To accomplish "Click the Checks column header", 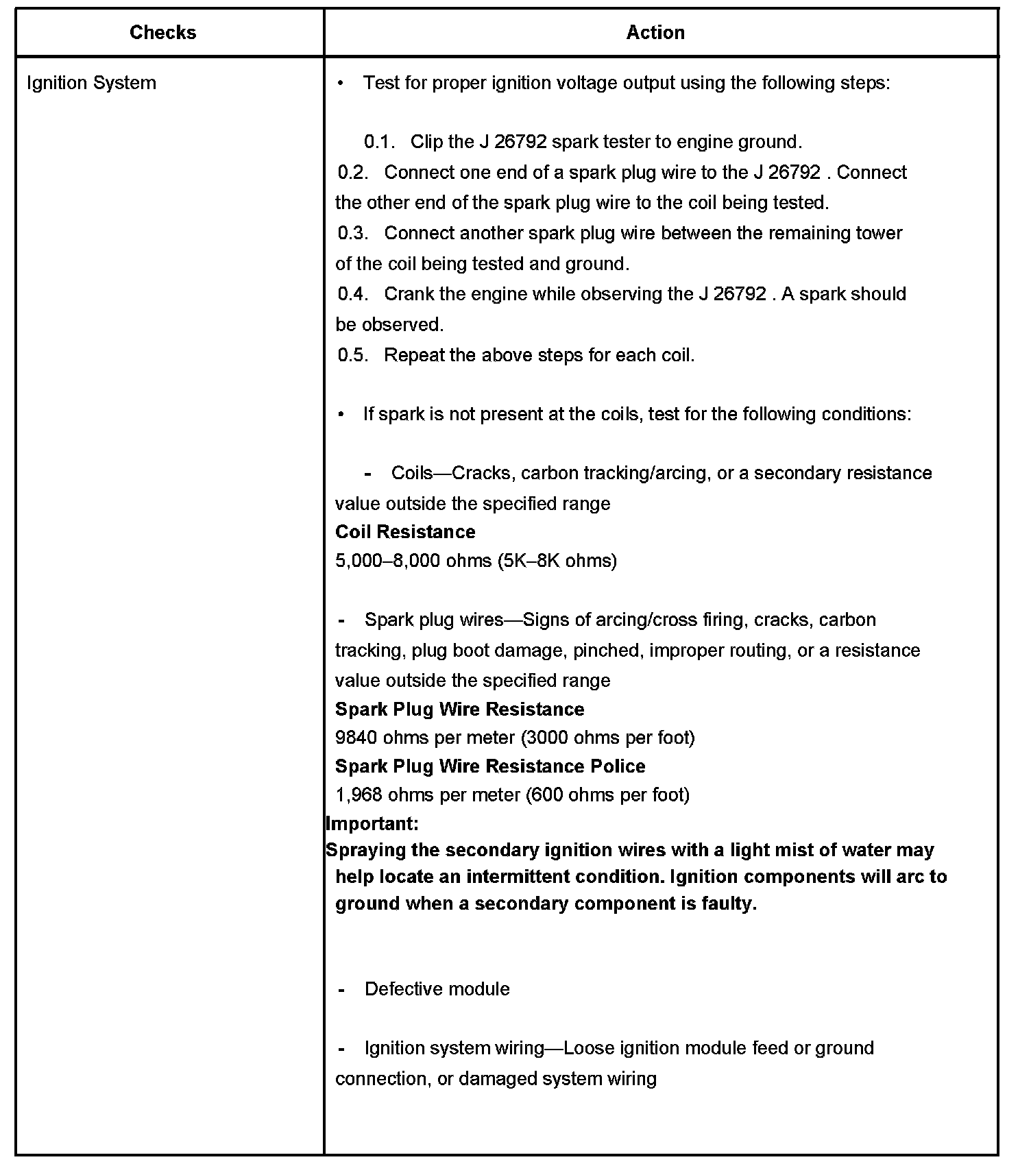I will tap(162, 32).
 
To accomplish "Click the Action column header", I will tap(655, 32).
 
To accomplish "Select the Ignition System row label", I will tap(91, 83).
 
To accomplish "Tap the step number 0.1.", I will tap(379, 142).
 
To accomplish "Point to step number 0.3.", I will tap(352, 233).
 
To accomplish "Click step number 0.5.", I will tap(352, 355).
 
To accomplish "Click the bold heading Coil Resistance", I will tap(404, 532).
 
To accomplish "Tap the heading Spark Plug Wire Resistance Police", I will tap(489, 766).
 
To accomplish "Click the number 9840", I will tap(356, 738).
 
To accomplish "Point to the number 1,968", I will tap(359, 795).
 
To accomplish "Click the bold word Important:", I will tap(372, 823).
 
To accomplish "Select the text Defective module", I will tap(437, 989).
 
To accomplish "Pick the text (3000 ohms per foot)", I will tap(607, 738).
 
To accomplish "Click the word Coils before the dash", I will tap(411, 473).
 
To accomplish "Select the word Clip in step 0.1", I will tap(426, 142).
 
